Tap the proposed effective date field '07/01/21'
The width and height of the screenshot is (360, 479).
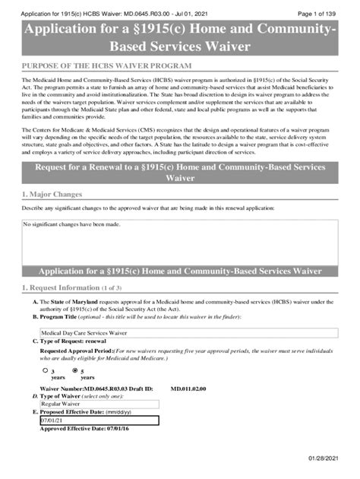[99, 420]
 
